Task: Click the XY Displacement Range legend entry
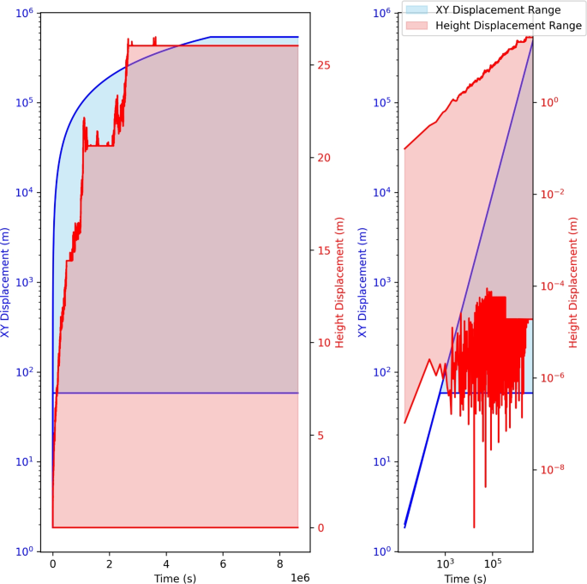498,10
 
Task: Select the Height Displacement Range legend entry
508,26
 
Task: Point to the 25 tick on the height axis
325,65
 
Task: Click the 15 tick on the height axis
325,250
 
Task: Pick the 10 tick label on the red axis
325,343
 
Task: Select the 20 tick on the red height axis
325,158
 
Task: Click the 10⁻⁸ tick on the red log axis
550,469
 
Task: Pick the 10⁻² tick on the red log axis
550,194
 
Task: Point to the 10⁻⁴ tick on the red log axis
550,286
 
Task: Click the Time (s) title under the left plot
175,578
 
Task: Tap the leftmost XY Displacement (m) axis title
7,282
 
